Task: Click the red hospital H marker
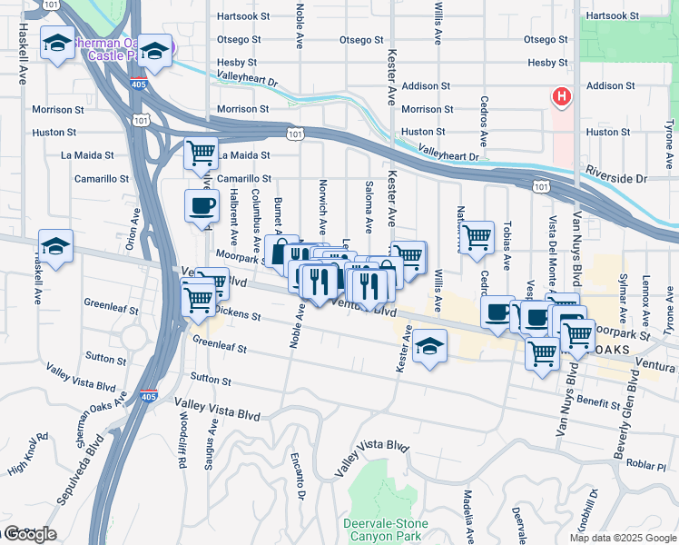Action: tap(562, 96)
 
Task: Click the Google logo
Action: tap(29, 534)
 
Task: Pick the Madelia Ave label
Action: tap(467, 516)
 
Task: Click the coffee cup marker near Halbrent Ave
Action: tap(202, 205)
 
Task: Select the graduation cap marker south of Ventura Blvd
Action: tap(429, 348)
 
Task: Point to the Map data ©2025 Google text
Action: tap(622, 538)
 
